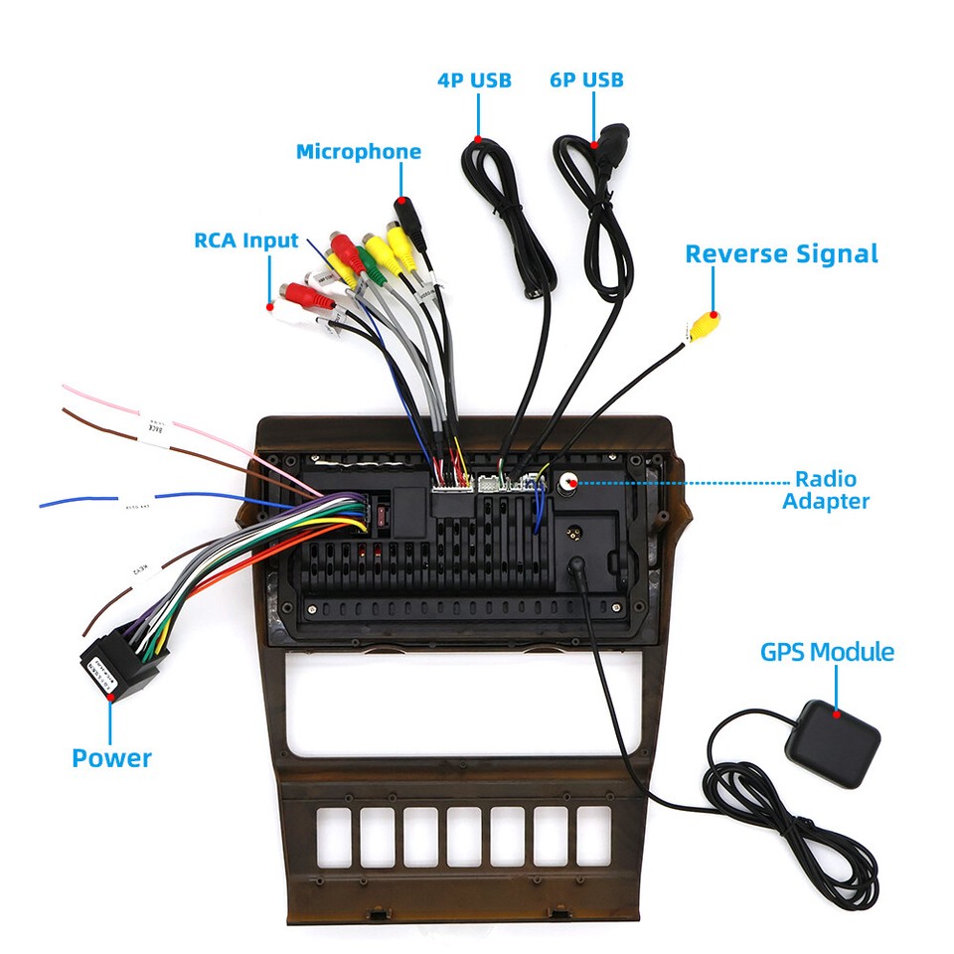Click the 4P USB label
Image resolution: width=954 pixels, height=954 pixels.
474,79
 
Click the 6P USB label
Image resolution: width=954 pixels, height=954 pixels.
586,79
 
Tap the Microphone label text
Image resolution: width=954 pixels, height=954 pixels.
358,152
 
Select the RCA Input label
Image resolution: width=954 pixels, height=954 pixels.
245,240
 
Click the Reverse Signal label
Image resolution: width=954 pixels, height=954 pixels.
781,254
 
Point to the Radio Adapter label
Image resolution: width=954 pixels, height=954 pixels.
825,491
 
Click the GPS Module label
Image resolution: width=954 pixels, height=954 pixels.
827,653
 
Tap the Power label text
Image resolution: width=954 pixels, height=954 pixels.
111,758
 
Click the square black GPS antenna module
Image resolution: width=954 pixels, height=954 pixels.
833,743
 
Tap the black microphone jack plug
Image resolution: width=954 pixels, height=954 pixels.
409,220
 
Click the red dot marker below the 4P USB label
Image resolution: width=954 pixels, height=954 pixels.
477,139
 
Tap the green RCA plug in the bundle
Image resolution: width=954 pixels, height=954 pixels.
369,262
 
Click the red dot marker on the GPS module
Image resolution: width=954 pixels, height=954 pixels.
837,713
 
